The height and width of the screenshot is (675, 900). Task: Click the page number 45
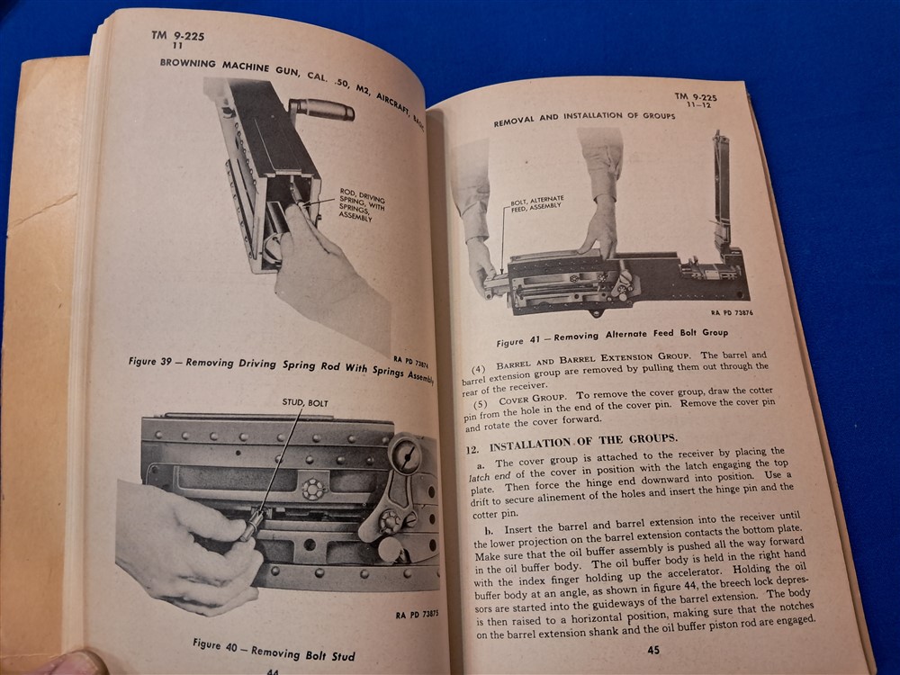coord(653,650)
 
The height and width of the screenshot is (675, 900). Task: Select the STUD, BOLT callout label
coord(305,403)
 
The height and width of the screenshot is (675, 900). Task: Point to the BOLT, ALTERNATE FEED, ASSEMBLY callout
coord(536,203)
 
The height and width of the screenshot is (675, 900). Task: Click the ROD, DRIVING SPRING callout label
coord(361,204)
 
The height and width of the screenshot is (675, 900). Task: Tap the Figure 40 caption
coord(274,651)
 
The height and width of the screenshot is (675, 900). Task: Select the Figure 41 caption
coord(612,337)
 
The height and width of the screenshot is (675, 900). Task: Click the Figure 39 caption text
coord(281,368)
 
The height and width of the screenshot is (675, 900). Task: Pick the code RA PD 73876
coord(732,313)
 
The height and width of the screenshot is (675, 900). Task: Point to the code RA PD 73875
coord(417,615)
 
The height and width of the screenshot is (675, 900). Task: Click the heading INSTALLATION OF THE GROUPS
coord(582,442)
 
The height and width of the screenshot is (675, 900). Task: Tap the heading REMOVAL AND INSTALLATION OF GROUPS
coord(584,118)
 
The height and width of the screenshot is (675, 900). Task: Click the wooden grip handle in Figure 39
coord(321,109)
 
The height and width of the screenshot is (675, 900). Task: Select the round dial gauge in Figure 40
coord(406,455)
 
